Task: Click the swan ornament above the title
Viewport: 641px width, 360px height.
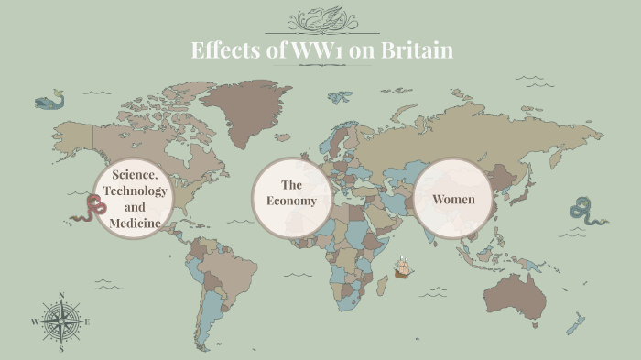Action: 321,19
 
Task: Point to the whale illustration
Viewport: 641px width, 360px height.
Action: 49,99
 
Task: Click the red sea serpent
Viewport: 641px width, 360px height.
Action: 89,209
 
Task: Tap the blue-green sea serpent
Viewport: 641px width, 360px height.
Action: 582,212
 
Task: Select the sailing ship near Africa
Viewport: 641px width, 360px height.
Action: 403,267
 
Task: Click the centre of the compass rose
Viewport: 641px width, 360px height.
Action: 60,322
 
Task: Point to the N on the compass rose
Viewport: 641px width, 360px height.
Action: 60,295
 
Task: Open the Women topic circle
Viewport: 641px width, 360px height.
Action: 453,199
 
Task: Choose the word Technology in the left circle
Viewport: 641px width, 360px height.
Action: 136,191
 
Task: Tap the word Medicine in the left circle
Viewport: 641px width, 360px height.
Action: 136,223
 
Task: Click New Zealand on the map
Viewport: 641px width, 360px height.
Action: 575,323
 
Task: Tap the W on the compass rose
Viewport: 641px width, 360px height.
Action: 35,322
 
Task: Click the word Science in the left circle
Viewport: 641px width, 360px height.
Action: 136,174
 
